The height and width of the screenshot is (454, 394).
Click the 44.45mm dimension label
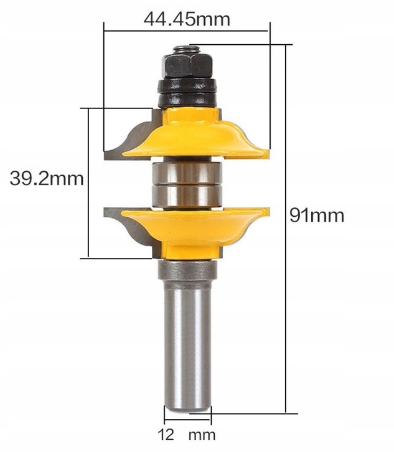pos(187,19)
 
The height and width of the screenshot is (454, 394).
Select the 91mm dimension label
pos(316,215)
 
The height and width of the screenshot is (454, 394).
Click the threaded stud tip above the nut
pos(183,48)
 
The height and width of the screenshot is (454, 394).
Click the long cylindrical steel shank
pos(187,343)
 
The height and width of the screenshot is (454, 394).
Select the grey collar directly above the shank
pos(187,268)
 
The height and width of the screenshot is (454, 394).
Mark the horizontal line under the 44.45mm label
pos(187,30)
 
